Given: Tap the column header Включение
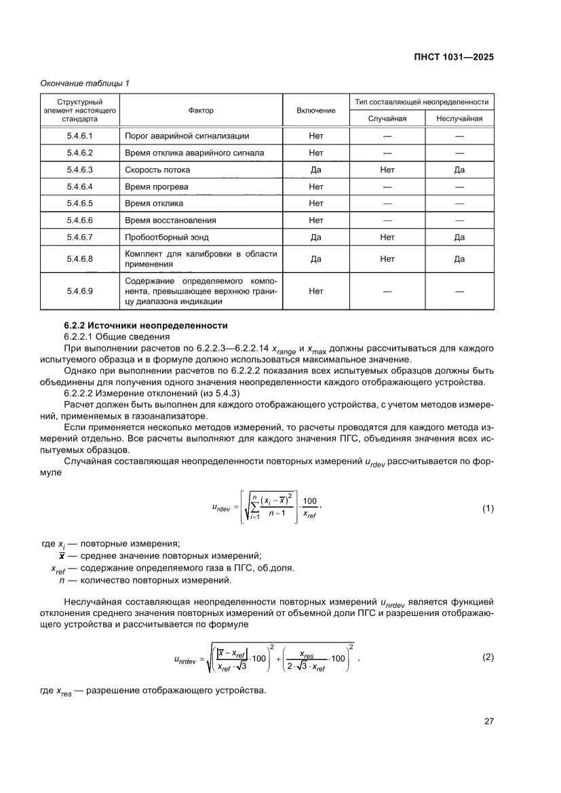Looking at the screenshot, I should pyautogui.click(x=315, y=110).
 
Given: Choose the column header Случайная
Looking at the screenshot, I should pyautogui.click(x=387, y=118).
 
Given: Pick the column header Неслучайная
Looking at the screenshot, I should pyautogui.click(x=459, y=118).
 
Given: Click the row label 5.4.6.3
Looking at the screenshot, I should pyautogui.click(x=80, y=170).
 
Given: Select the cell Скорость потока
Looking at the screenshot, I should pyautogui.click(x=157, y=170).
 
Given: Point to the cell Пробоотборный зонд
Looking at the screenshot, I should pyautogui.click(x=167, y=237).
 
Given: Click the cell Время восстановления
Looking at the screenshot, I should pyautogui.click(x=170, y=220).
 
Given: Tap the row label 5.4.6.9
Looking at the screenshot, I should pyautogui.click(x=80, y=291).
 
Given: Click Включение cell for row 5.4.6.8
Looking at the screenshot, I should pyautogui.click(x=315, y=258).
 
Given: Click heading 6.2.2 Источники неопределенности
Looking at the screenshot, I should pyautogui.click(x=140, y=326).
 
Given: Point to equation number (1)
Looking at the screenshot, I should pyautogui.click(x=487, y=508).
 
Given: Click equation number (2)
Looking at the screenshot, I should pyautogui.click(x=487, y=657).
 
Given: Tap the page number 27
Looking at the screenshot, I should pyautogui.click(x=488, y=721).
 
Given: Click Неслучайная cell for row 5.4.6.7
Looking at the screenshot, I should pyautogui.click(x=459, y=237).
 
